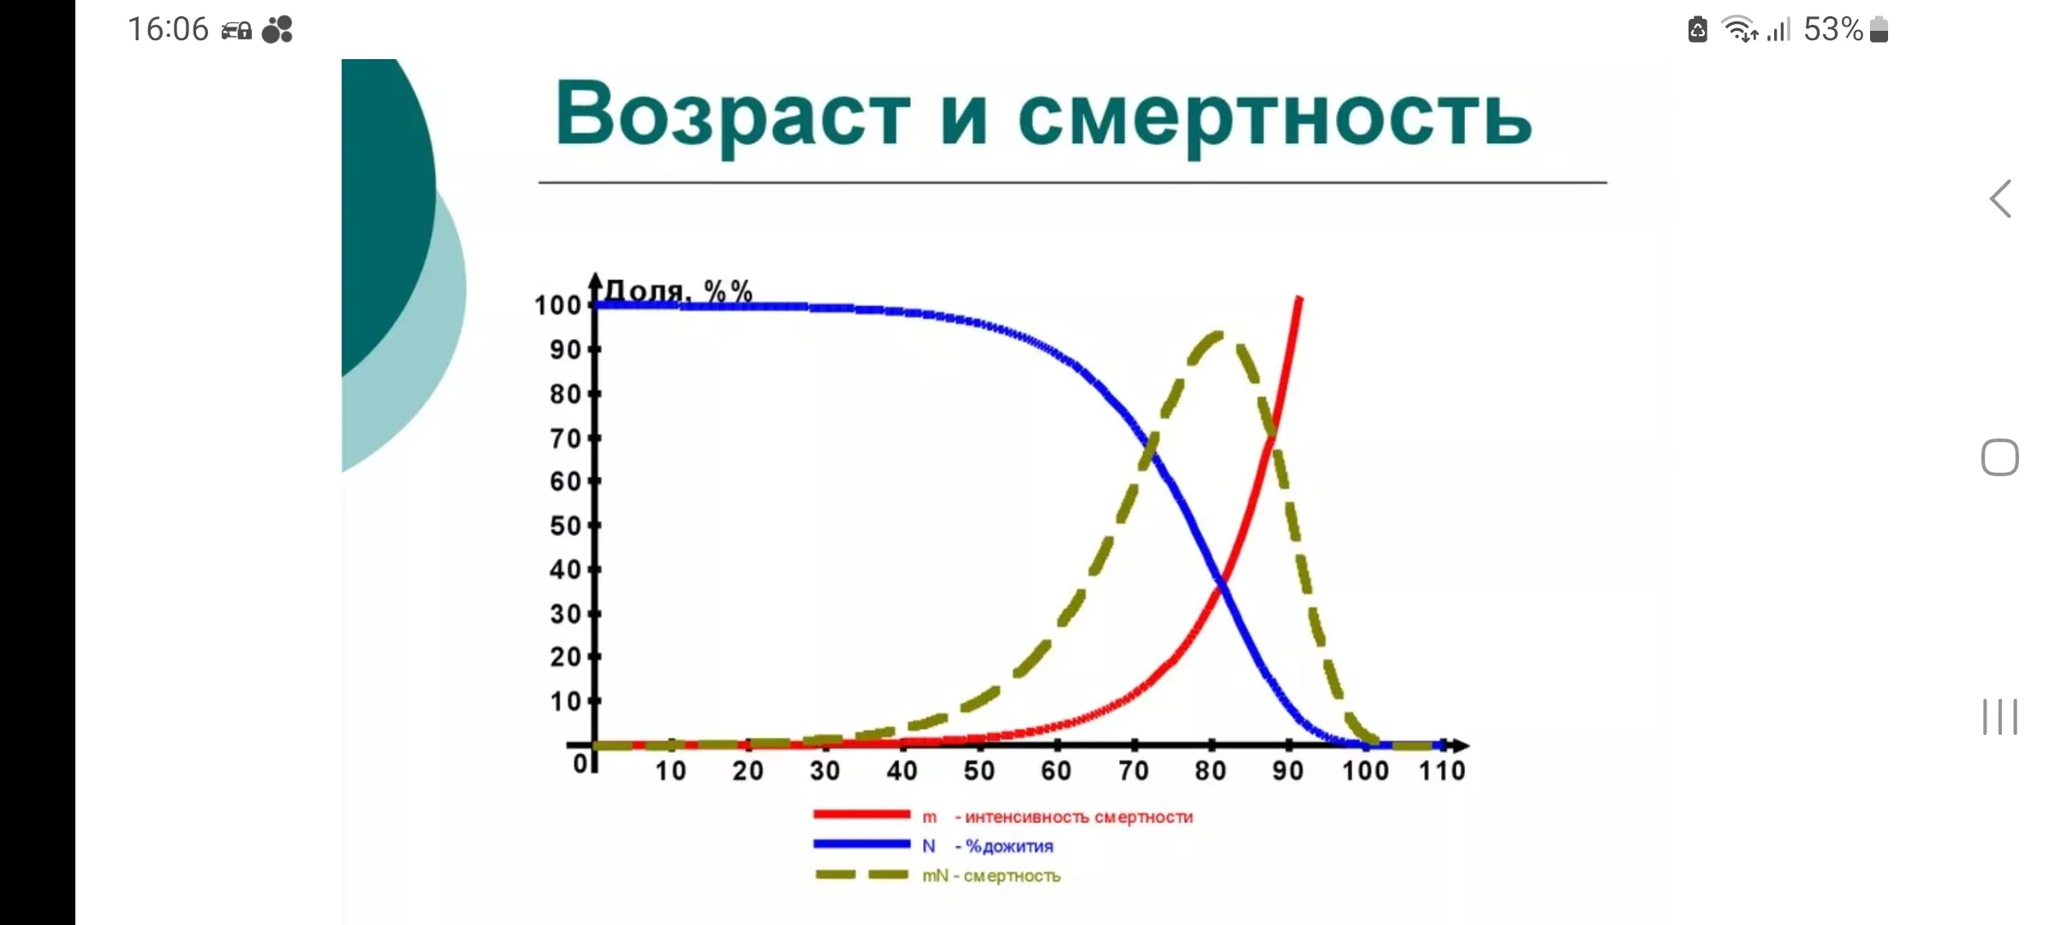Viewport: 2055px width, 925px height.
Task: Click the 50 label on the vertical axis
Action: click(x=565, y=525)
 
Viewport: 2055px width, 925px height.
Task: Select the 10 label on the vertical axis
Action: click(x=565, y=701)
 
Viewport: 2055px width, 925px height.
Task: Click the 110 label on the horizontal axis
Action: click(x=1442, y=771)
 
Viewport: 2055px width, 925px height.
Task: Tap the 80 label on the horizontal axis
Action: click(x=1211, y=771)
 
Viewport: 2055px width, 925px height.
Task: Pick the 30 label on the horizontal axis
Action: click(x=825, y=771)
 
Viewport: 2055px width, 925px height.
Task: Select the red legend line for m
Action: click(x=861, y=815)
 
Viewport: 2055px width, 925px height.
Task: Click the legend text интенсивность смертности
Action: click(x=1079, y=817)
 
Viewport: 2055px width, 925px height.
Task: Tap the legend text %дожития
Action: click(x=1010, y=846)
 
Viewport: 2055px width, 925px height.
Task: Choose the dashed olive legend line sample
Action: click(x=861, y=874)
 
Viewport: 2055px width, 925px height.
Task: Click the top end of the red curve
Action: click(x=1300, y=298)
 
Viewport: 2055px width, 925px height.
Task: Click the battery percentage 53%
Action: click(x=1833, y=30)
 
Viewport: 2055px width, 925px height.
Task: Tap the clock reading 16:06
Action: click(x=168, y=30)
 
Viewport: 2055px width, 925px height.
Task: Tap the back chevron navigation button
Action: click(x=2000, y=200)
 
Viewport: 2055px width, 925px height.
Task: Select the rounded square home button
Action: click(x=2000, y=457)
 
